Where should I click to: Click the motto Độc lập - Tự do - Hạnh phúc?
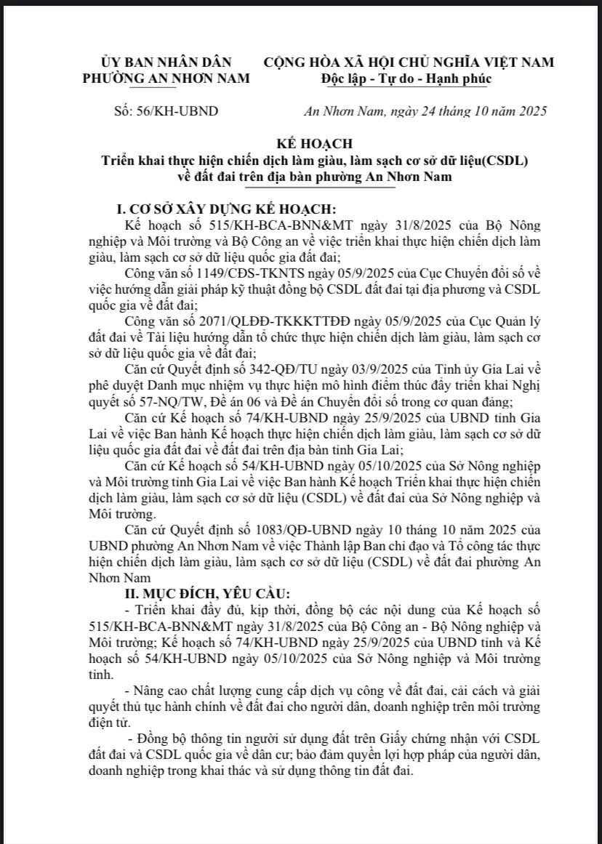pyautogui.click(x=406, y=78)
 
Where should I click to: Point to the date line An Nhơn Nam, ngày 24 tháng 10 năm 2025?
pyautogui.click(x=425, y=111)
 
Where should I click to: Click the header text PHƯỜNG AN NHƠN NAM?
pyautogui.click(x=166, y=78)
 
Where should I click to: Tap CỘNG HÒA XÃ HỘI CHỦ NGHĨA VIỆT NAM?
pyautogui.click(x=409, y=63)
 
